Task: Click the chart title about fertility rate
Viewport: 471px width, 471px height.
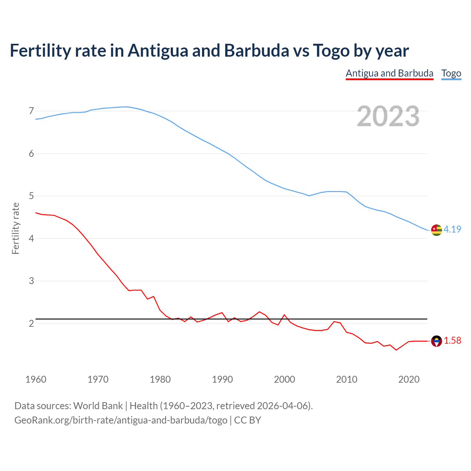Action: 209,51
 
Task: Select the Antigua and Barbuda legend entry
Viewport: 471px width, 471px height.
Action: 389,73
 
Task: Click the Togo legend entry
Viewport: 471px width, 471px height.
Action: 451,73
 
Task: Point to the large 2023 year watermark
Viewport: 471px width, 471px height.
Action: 388,116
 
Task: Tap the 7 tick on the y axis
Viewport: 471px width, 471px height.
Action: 31,111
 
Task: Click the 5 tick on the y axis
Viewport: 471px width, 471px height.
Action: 31,196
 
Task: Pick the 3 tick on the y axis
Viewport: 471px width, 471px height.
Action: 31,281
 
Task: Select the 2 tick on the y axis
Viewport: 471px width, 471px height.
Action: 31,324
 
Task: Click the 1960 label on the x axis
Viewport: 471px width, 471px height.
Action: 36,379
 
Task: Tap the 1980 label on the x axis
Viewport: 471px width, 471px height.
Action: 160,379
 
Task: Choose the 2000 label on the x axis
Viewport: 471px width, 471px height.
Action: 284,379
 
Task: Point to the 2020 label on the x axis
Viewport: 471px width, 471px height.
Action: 409,379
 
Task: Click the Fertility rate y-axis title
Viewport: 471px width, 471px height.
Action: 15,228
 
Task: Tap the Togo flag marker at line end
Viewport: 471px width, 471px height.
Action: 436,230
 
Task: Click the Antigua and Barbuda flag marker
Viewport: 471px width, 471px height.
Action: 436,341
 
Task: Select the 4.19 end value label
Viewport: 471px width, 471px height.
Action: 452,229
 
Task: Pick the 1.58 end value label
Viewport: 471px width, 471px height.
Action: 452,341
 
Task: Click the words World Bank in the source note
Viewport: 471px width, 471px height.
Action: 98,406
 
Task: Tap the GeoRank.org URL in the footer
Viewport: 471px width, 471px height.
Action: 121,420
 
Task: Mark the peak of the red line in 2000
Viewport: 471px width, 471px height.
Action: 284,315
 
